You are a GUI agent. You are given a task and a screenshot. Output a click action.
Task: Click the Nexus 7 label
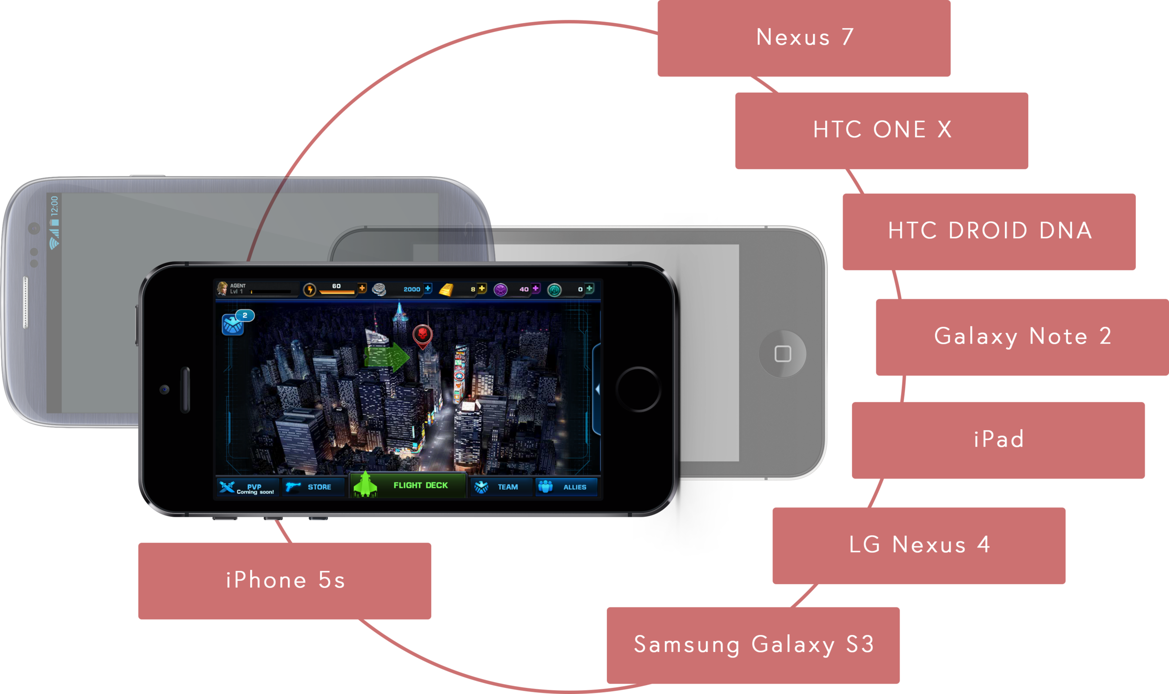coord(805,37)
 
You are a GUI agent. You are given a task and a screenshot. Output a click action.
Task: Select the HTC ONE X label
coord(882,130)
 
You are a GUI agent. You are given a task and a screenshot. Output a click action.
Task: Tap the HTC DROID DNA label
coord(990,231)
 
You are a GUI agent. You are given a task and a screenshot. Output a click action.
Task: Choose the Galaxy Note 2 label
coord(1023,336)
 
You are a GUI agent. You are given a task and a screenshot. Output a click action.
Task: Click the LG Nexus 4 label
coord(919,545)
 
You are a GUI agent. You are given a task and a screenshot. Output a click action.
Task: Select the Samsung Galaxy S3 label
coord(754,644)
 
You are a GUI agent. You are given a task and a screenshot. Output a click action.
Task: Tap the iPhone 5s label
coord(285,581)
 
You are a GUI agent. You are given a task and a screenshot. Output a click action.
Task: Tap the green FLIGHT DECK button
coord(408,485)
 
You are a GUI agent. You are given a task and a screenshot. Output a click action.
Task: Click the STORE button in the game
coord(313,487)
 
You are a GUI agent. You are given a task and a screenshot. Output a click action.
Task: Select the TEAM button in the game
coord(501,487)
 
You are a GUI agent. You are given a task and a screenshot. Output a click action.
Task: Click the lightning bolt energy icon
coord(310,290)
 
